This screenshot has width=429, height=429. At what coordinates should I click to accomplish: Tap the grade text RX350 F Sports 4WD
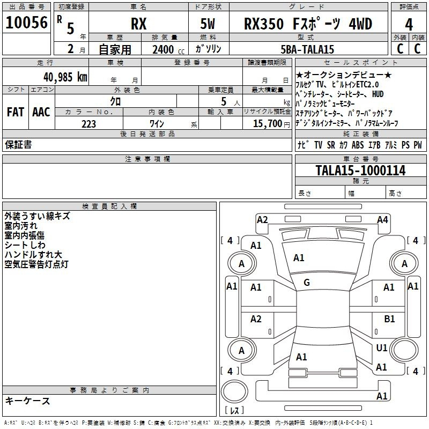coord(308,25)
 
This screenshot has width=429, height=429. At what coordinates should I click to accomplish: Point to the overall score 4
coord(409,25)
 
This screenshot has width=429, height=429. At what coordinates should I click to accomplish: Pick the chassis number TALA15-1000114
coord(360,171)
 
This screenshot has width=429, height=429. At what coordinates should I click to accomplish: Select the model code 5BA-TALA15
coord(308,49)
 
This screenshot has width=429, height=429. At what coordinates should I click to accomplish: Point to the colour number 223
coord(88,124)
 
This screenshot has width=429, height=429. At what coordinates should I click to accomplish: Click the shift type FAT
coord(15,112)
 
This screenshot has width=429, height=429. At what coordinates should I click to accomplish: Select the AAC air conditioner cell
coord(41,112)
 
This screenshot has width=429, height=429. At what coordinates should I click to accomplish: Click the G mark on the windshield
coord(307,283)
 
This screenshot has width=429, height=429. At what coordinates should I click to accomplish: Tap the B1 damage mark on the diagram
coord(390,319)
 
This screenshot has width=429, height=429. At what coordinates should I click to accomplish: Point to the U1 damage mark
coord(382,348)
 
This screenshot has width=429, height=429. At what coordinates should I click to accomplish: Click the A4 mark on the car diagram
coord(382,219)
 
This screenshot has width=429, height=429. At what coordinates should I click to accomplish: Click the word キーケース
coord(27,401)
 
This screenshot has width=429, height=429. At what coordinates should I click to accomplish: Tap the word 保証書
coord(18,144)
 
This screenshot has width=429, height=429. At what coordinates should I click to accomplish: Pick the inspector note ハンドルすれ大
coord(33,254)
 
